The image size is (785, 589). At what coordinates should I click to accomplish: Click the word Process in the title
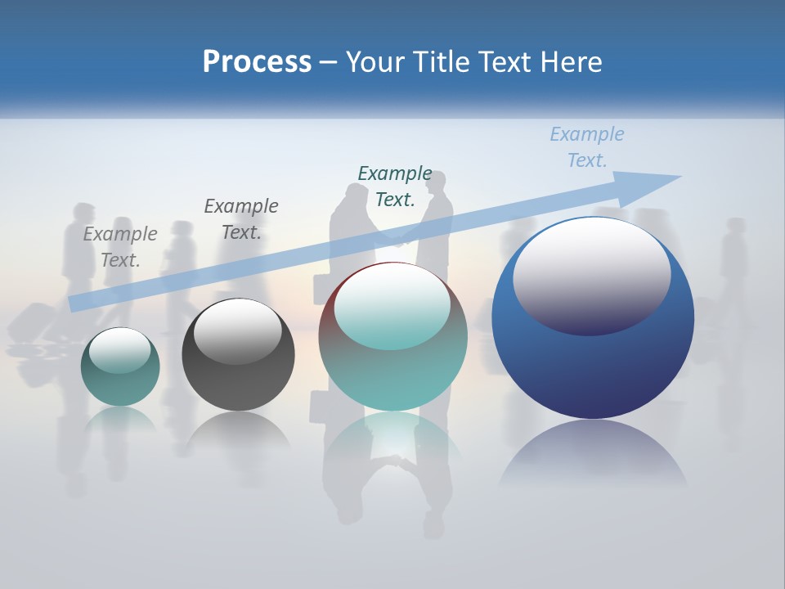point(257,62)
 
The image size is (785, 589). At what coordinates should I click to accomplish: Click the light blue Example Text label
point(587,147)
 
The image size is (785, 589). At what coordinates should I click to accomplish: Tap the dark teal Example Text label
point(395,186)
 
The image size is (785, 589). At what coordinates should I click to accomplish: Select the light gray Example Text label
point(120,246)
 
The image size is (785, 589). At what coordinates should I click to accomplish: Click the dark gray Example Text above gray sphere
point(241,218)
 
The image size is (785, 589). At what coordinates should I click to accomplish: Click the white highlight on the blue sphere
point(592,274)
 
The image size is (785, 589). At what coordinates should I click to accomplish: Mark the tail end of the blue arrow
point(74,303)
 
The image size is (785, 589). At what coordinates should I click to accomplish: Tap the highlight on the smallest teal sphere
point(120,350)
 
